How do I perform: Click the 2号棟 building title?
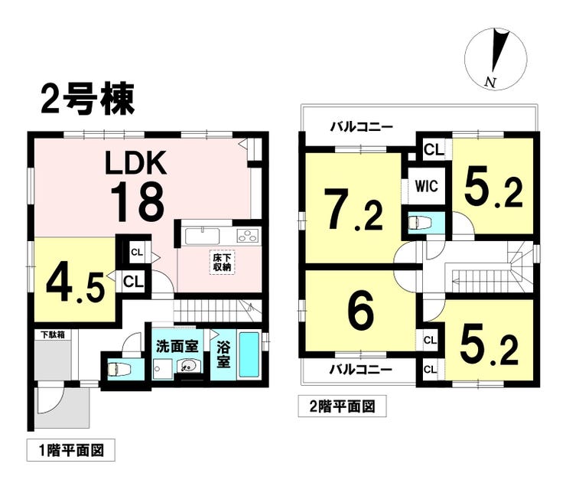pos(88,99)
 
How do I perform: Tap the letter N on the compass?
pos(490,83)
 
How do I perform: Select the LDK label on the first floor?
pos(135,163)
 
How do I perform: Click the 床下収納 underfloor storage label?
pos(222,263)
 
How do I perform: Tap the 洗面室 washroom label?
pos(177,347)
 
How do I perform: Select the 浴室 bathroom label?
pos(223,355)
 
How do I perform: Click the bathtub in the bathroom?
pos(249,354)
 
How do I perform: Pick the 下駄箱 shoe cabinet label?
pos(53,335)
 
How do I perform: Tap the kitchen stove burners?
pos(249,236)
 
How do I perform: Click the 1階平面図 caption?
pos(71,451)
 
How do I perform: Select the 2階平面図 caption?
pos(342,406)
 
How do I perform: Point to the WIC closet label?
pos(426,187)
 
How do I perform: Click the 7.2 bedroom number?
pos(353,210)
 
